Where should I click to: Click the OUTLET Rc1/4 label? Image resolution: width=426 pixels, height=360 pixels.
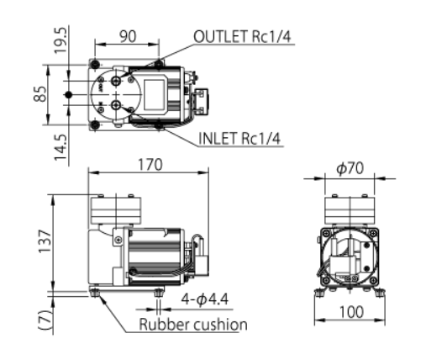242,36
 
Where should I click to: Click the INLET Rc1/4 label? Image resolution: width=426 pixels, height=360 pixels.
239,138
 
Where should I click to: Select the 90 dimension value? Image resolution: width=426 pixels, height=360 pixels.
128,36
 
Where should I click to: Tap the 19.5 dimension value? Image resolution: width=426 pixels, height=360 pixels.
61,40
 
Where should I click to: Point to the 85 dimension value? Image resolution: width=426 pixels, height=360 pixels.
40,94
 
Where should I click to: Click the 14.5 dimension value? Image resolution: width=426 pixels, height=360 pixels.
61,147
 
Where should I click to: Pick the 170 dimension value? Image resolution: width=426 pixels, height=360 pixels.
150,165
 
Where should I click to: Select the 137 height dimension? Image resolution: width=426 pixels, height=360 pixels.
45,241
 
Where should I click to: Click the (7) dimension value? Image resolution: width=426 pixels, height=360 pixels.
45,320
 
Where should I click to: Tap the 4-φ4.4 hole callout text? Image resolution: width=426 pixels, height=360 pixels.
205,299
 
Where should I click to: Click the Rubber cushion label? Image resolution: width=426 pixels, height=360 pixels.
193,325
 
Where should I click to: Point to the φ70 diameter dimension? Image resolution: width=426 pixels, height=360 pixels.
350,168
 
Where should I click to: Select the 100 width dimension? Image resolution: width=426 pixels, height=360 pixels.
352,312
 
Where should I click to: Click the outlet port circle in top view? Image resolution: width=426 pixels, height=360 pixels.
116,81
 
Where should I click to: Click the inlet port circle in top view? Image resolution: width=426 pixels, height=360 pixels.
116,105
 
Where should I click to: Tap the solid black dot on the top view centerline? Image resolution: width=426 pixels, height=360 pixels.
68,95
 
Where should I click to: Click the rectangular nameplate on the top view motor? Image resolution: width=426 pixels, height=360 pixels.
154,94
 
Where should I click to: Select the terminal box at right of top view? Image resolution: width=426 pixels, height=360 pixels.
201,101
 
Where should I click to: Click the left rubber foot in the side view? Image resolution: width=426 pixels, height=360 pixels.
95,293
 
